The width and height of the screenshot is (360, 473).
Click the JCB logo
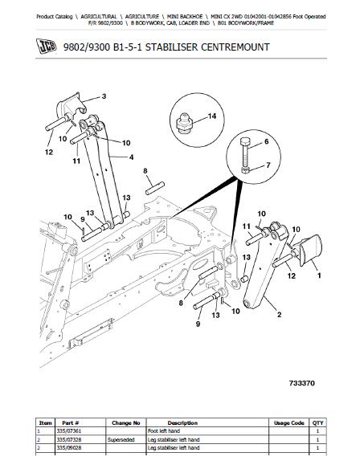[x=46, y=47]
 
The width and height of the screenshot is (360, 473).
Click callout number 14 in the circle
[x=212, y=116]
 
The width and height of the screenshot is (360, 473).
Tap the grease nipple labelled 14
[x=183, y=123]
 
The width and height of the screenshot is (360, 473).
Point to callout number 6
[x=266, y=141]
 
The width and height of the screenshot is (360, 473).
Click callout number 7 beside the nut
[x=268, y=165]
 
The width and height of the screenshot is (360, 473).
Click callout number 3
[x=104, y=96]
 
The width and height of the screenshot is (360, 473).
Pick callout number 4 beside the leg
[x=131, y=157]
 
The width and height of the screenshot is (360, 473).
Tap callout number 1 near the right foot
[x=319, y=275]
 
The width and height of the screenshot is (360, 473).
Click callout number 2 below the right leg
[x=279, y=315]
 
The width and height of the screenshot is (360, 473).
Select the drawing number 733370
[x=302, y=383]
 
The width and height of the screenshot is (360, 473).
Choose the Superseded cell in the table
[x=121, y=439]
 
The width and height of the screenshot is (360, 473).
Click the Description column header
[x=182, y=423]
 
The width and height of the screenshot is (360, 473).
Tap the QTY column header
[x=317, y=423]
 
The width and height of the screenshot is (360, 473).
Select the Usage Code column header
[x=288, y=423]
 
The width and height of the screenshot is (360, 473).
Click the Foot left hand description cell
[x=164, y=431]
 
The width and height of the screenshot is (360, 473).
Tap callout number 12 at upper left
[x=49, y=152]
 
